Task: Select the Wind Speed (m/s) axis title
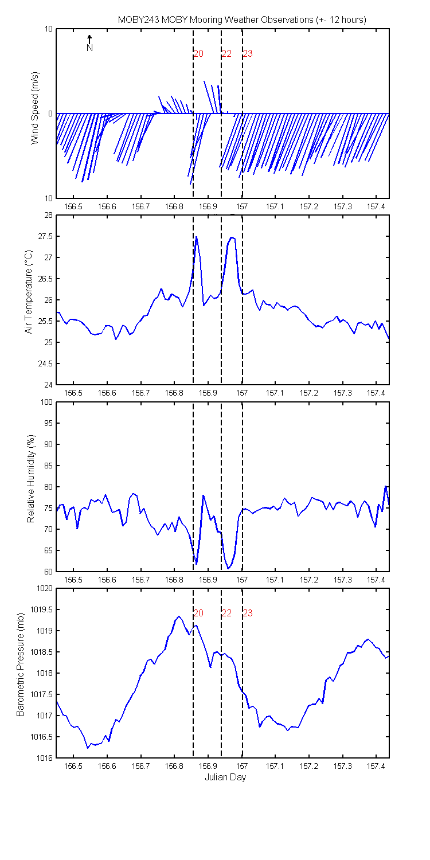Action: click(x=34, y=108)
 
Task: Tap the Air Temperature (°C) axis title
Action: click(x=29, y=292)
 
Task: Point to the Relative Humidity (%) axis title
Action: click(x=31, y=479)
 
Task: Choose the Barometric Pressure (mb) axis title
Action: click(x=20, y=664)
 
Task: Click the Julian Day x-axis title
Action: click(x=225, y=777)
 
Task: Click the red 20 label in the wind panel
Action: click(x=198, y=53)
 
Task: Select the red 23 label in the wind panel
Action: click(x=248, y=53)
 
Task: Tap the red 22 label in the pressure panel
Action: click(x=226, y=613)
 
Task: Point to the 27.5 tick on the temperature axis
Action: click(x=45, y=236)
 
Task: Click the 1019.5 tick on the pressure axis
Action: click(x=41, y=609)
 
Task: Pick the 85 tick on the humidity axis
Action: click(x=49, y=466)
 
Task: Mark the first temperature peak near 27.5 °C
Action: click(x=196, y=236)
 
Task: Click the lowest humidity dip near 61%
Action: click(x=228, y=568)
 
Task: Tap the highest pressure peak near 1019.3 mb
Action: click(x=178, y=616)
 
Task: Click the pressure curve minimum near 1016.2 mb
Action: click(x=88, y=748)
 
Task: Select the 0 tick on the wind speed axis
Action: click(x=50, y=114)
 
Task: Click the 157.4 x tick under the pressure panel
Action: click(x=376, y=766)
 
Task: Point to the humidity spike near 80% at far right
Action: click(x=385, y=486)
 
